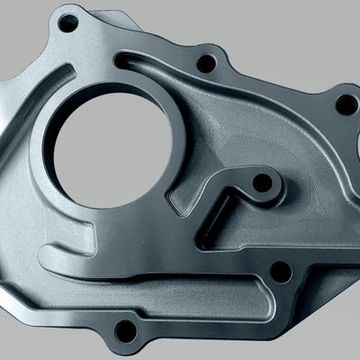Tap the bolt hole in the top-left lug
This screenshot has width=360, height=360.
tap(67, 22)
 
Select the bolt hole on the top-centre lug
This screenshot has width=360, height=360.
tap(205, 64)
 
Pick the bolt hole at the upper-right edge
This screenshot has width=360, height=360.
tap(346, 103)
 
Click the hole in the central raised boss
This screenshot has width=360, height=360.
tap(262, 183)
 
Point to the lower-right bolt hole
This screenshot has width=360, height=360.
tap(280, 269)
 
